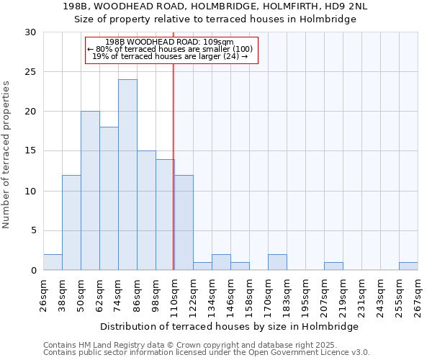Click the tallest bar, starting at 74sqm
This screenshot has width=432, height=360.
(x=127, y=175)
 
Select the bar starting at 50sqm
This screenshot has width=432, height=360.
(x=90, y=191)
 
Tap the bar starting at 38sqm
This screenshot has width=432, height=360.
(x=71, y=222)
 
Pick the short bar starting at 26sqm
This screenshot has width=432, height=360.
(x=53, y=262)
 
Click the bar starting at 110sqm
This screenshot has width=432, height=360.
(x=184, y=222)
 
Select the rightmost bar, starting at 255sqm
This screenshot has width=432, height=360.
(x=408, y=266)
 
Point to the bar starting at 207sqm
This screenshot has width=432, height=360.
(x=333, y=266)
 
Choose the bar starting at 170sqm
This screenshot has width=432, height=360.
(x=277, y=262)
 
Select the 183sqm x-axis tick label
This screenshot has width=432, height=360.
(x=287, y=294)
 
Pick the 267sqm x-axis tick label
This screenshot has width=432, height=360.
(x=418, y=294)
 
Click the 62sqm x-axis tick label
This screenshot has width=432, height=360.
(x=99, y=294)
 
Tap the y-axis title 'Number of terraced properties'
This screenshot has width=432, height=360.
(x=7, y=154)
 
